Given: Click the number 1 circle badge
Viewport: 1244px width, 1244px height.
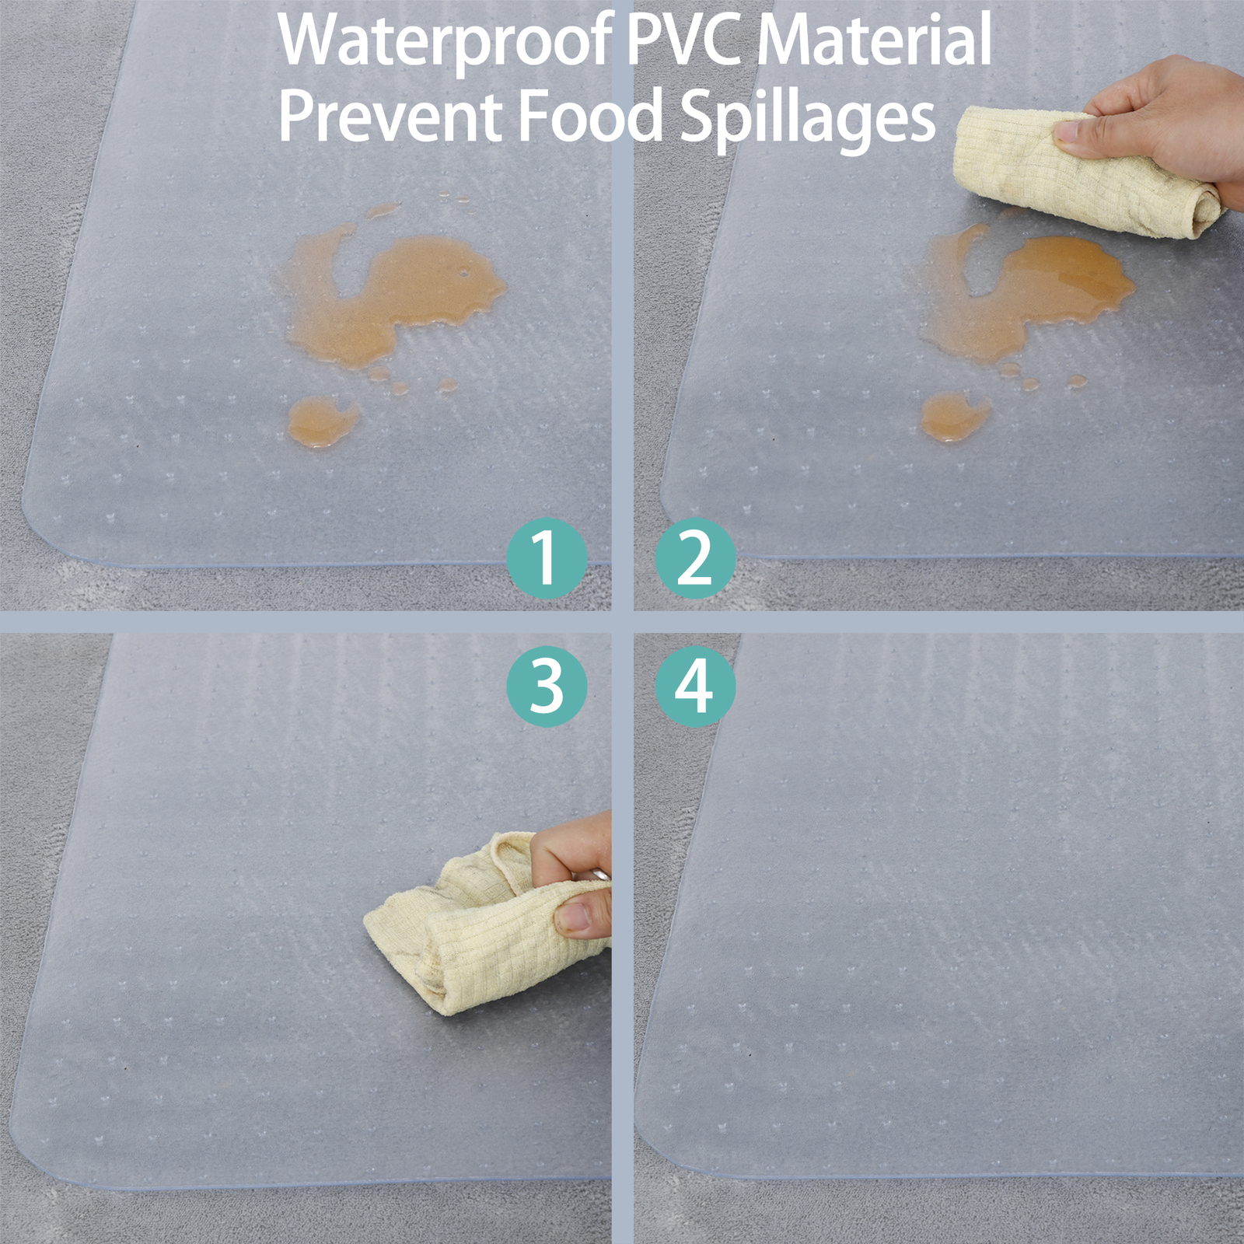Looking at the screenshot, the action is [547, 557].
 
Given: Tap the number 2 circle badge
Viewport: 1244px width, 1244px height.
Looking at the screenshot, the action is [695, 557].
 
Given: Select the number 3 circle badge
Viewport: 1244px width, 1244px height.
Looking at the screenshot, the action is [547, 687].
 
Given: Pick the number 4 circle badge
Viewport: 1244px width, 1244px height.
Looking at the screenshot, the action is [695, 687].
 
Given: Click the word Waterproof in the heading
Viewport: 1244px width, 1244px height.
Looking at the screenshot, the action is [446, 42].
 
